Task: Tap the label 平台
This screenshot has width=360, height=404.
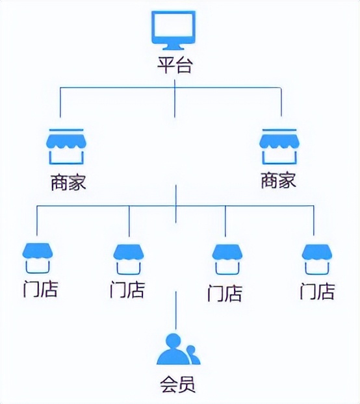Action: pyautogui.click(x=174, y=66)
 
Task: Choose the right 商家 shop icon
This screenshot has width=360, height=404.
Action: pyautogui.click(x=279, y=147)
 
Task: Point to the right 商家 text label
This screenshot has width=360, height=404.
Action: pyautogui.click(x=279, y=180)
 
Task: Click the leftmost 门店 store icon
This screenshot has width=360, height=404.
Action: pyautogui.click(x=37, y=259)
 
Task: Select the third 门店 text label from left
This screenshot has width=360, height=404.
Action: pyautogui.click(x=225, y=293)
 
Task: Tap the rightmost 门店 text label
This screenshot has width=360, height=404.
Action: pyautogui.click(x=317, y=290)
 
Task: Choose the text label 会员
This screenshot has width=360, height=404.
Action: pyautogui.click(x=176, y=384)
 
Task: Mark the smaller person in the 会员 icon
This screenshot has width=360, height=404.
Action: pyautogui.click(x=191, y=355)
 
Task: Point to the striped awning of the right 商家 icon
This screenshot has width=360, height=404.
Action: pyautogui.click(x=279, y=140)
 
